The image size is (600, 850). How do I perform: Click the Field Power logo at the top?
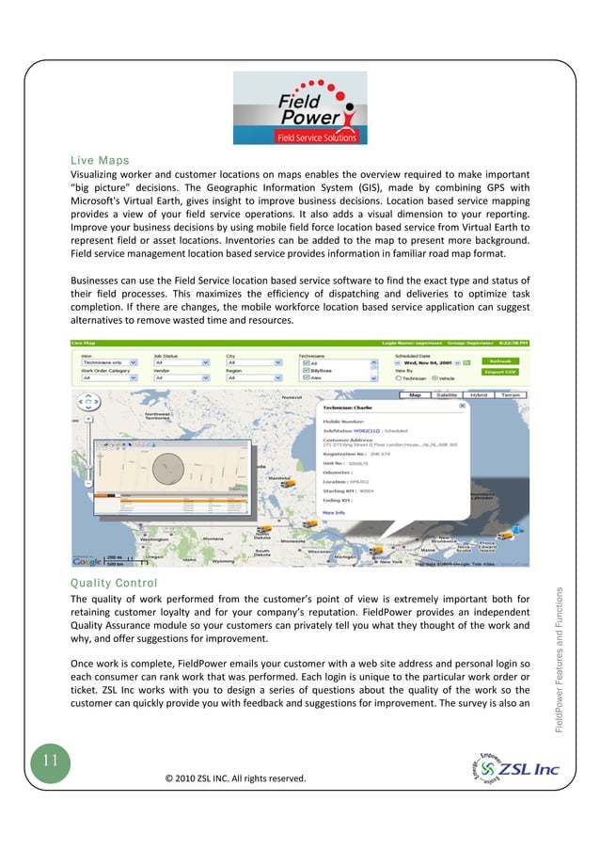tap(300, 107)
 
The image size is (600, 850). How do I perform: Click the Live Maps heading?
tap(101, 160)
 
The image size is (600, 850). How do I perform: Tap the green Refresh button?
tap(500, 361)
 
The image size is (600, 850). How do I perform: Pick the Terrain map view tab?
tap(510, 395)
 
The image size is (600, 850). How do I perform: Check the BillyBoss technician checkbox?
tap(307, 371)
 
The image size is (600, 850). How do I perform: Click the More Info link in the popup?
tap(336, 512)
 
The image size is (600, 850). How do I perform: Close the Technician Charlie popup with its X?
tap(462, 405)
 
